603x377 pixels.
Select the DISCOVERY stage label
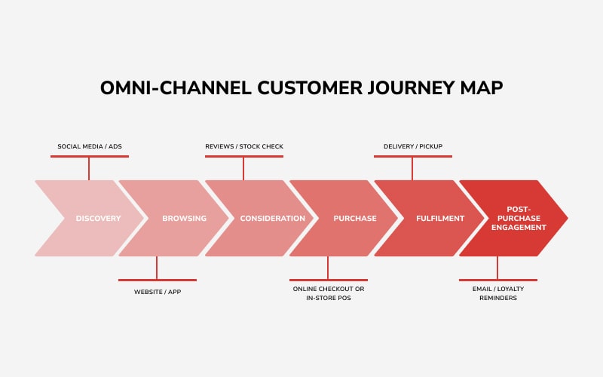point(98,219)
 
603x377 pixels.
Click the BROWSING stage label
point(184,219)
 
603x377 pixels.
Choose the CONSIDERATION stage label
point(272,219)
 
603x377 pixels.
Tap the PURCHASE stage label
point(355,219)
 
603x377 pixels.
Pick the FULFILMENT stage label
point(440,219)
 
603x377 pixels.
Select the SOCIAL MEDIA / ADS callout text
point(89,146)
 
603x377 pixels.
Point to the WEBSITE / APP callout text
point(157,292)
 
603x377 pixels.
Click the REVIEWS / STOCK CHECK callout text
point(244,146)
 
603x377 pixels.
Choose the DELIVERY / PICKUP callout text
point(412,146)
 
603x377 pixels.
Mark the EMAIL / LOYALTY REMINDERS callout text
point(497,293)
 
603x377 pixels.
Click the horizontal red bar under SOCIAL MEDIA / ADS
point(89,156)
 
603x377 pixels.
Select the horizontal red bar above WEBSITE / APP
point(157,280)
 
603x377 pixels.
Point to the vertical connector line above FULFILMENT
point(412,168)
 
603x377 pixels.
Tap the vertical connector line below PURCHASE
point(327,268)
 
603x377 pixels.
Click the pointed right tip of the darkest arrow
point(565,219)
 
